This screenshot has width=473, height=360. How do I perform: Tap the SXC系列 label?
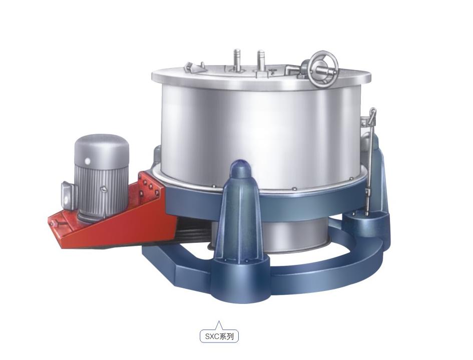pyautogui.click(x=219, y=336)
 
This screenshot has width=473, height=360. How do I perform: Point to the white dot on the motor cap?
pyautogui.click(x=88, y=161)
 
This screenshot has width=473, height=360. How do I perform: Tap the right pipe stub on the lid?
pyautogui.click(x=261, y=61)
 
